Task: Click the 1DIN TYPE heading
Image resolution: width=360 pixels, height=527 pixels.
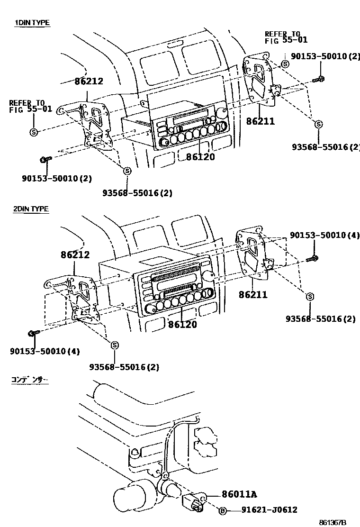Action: (32, 22)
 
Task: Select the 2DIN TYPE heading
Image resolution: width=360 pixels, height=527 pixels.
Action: (31, 209)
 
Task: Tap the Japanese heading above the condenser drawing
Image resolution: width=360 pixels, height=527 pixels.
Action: (30, 380)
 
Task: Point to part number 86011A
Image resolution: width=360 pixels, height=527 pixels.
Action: (239, 494)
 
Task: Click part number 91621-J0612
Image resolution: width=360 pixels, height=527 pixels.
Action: (269, 510)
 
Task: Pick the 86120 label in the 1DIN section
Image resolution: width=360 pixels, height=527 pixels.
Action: (200, 157)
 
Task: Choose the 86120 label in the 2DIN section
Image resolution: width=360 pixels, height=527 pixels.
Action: (182, 325)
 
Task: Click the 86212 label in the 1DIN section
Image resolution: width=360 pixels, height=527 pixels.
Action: (89, 81)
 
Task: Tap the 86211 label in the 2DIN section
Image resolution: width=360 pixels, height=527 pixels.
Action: (253, 295)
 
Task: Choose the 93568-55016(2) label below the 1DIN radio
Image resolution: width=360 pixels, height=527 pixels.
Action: (137, 193)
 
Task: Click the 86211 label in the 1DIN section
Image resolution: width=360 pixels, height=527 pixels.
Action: (260, 121)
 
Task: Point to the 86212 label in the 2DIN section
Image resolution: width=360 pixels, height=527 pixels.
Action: (75, 254)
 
